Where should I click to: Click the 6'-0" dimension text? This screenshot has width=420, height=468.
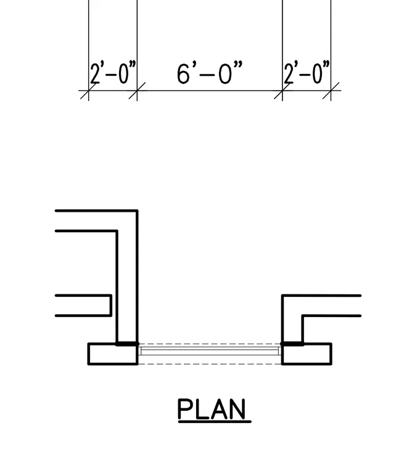210,73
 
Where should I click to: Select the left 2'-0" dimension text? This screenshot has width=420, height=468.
113,72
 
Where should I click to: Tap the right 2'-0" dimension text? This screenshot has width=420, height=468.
307,72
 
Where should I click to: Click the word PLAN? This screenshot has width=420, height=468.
212,409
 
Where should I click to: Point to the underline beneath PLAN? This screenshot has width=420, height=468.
215,422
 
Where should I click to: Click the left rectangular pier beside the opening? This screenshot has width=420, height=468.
113,354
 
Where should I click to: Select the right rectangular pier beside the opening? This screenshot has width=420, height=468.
307,354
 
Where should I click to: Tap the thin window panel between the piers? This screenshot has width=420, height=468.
210,351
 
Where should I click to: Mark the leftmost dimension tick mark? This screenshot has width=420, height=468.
88,91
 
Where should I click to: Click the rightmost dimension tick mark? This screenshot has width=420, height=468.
331,91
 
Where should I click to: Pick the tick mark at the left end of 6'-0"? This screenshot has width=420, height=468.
137,91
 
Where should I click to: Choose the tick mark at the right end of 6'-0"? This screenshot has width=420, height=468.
282,91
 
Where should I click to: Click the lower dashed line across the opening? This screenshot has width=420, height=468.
210,364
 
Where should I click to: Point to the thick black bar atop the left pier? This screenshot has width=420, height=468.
127,344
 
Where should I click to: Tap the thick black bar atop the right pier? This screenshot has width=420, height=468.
292,344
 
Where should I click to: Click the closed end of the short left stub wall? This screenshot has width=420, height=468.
111,305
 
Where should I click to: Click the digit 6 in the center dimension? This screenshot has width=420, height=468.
183,73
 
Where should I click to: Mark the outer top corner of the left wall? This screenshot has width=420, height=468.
138,211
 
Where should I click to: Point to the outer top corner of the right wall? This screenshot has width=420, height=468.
282,296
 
